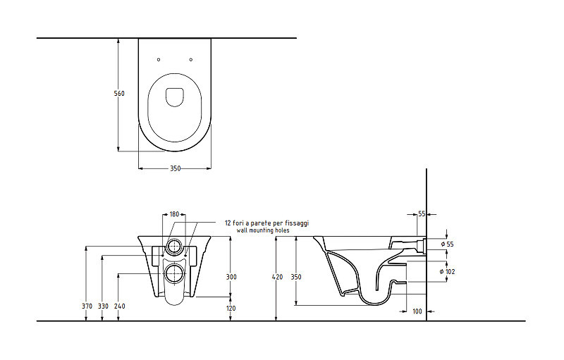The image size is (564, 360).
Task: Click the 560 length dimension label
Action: [119, 94]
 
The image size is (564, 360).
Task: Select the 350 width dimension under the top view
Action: [175, 168]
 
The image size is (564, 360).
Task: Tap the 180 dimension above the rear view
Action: [174, 214]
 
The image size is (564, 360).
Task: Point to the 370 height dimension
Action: [87, 306]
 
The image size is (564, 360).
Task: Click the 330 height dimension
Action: [103, 306]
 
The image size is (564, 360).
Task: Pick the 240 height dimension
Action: [120, 306]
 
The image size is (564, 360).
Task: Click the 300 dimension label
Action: [231, 277]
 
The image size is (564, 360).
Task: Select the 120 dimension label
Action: [231, 309]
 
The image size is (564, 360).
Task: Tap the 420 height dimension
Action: [278, 277]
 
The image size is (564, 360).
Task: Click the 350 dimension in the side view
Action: [296, 277]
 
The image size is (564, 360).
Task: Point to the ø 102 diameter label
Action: [447, 272]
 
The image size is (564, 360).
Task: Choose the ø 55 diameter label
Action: [447, 244]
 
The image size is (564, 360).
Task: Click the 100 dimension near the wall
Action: [417, 311]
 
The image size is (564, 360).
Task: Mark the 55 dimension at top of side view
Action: [422, 214]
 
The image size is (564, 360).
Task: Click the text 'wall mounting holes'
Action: [263, 230]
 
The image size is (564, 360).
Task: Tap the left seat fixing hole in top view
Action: [159, 60]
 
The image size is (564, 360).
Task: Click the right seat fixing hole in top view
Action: [190, 60]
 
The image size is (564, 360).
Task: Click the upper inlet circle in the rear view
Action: [174, 247]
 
